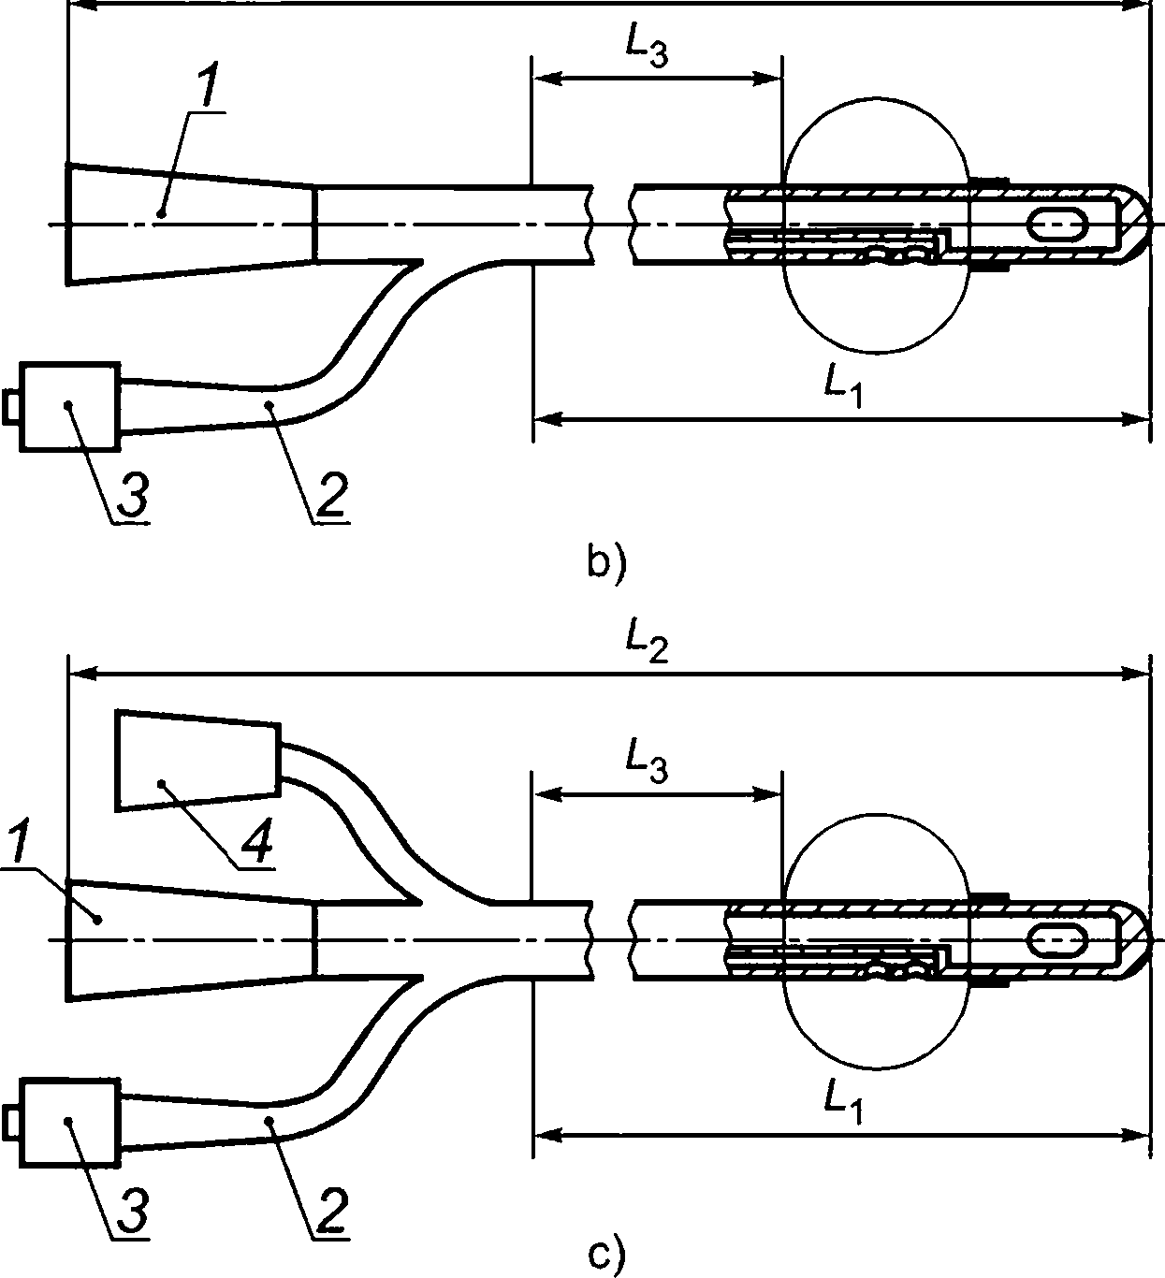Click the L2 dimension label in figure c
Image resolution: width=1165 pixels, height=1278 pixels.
point(647,648)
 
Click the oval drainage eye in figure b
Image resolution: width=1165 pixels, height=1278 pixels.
point(1056,225)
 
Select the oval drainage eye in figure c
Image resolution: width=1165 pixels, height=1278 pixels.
point(1056,940)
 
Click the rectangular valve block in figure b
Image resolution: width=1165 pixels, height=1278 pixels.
point(69,407)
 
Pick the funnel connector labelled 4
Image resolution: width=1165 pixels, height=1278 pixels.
point(197,760)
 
